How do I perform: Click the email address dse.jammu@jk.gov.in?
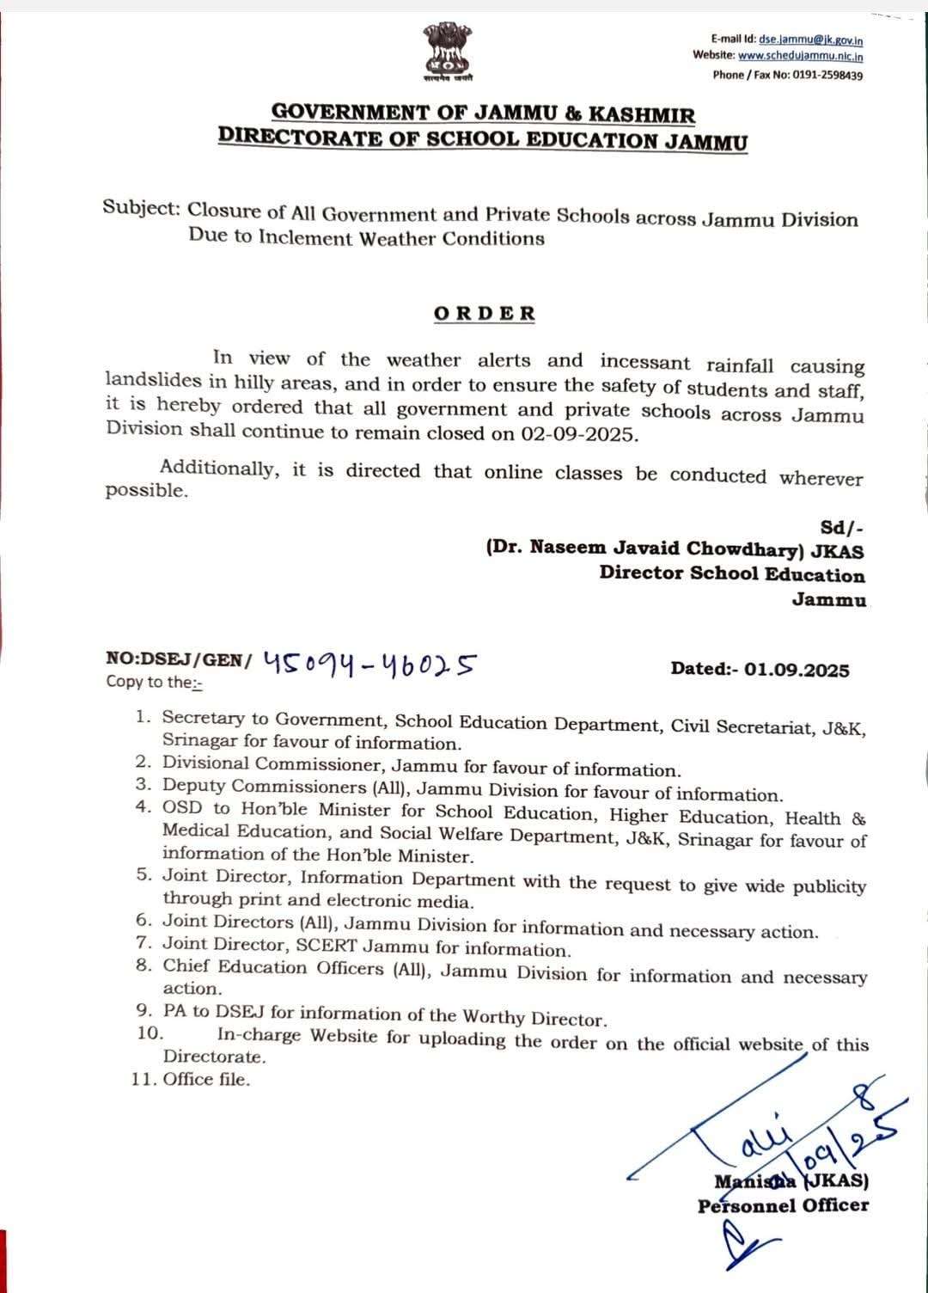pos(811,40)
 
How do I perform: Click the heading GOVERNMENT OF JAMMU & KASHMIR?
pos(483,113)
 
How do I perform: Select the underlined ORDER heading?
pos(485,314)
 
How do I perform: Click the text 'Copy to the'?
pos(149,682)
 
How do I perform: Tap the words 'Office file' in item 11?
pos(205,1079)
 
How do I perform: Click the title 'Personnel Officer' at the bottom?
pos(783,1205)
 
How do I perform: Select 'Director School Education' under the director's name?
pos(732,573)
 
